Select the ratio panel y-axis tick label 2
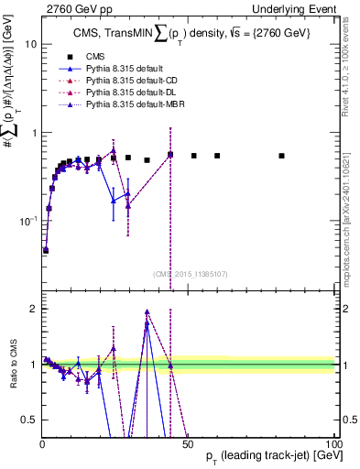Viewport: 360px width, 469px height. (x=32, y=309)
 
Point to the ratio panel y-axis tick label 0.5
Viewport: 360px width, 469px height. (x=28, y=420)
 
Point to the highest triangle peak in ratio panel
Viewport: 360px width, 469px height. (x=147, y=311)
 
